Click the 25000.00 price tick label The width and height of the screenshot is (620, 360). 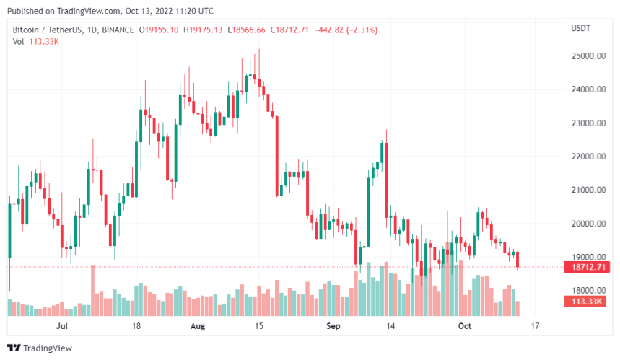[587, 56]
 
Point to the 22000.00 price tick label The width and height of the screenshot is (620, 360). [587, 157]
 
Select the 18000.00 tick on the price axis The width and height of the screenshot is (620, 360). [587, 291]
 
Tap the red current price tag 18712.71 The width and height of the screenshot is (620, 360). [586, 267]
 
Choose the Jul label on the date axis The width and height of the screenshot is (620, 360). [61, 326]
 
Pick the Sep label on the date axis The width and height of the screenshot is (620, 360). [333, 326]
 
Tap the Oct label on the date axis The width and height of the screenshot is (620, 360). [465, 326]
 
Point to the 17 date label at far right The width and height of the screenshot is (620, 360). [536, 326]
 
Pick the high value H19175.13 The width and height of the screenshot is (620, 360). [204, 30]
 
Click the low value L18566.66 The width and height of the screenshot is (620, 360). [247, 30]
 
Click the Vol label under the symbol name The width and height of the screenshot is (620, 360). [19, 41]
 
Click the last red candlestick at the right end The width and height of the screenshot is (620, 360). [518, 260]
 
